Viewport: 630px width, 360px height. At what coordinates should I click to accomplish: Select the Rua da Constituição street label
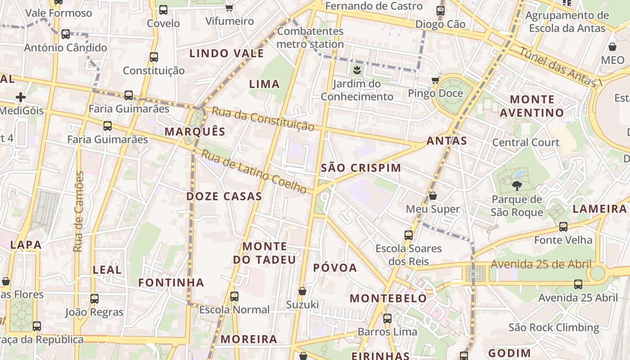(263, 119)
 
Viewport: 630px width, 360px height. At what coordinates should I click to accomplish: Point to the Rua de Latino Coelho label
(254, 172)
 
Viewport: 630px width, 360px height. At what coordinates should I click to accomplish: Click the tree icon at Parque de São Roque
(517, 185)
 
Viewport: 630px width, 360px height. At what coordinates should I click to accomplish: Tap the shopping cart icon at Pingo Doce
(435, 81)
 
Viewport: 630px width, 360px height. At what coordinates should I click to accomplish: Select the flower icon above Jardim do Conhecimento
(357, 70)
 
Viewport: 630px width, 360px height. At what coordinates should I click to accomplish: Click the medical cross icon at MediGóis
(20, 97)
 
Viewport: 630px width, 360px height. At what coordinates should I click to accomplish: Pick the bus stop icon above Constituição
(154, 57)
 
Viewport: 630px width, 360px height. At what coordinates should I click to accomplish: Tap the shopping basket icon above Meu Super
(432, 196)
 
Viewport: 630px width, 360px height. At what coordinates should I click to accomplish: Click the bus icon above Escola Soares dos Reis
(409, 235)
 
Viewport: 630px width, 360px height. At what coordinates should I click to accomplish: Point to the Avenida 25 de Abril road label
(541, 264)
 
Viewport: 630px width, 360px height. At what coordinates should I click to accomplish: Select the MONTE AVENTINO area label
(532, 106)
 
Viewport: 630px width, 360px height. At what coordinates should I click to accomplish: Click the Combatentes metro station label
(310, 38)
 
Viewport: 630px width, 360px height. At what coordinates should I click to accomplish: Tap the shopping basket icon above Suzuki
(302, 291)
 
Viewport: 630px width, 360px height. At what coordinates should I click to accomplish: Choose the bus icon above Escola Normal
(234, 297)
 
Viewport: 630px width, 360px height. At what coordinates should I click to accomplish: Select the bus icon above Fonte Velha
(563, 227)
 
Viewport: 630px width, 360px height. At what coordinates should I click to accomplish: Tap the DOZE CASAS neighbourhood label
(224, 196)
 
